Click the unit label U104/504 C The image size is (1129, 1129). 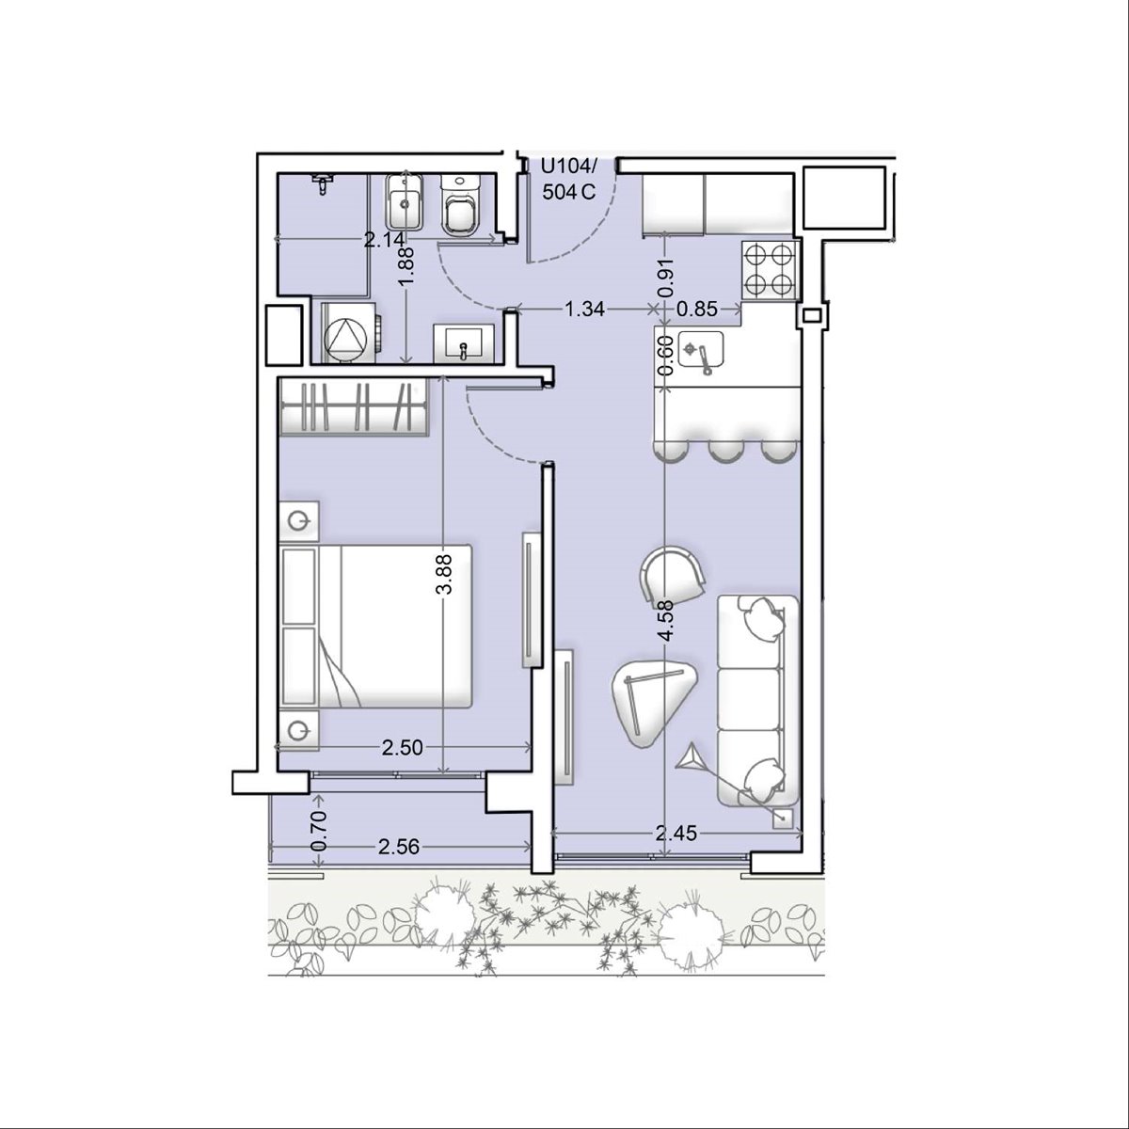tap(568, 180)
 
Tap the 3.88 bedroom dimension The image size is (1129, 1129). tap(445, 576)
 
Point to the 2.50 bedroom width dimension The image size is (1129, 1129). tap(402, 747)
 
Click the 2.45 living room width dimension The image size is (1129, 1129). tap(676, 833)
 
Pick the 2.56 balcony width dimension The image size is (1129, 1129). tap(399, 847)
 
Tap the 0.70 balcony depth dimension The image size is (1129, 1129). tap(318, 831)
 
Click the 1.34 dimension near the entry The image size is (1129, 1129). tap(584, 310)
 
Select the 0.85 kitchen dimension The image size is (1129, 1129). tap(697, 310)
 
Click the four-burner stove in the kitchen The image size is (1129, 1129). tap(771, 271)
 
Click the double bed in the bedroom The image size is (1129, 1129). tap(376, 626)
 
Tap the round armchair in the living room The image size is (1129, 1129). tap(672, 574)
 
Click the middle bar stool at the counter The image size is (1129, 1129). tap(726, 453)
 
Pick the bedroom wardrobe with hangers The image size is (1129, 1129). tap(355, 406)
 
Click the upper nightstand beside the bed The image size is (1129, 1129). tap(299, 520)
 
